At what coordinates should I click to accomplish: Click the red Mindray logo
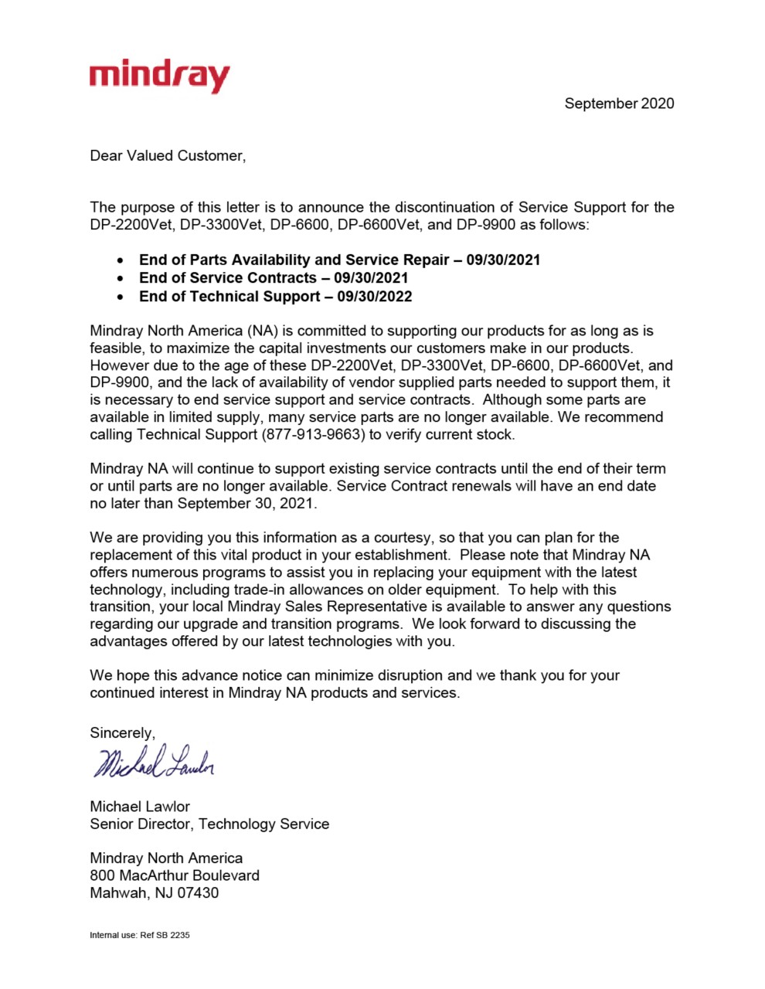coord(159,76)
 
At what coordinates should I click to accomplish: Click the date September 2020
coord(618,104)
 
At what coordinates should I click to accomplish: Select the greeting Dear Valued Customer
coord(167,156)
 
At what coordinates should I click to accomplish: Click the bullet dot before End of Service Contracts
coord(121,278)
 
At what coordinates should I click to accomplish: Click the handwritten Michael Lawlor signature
coord(153,763)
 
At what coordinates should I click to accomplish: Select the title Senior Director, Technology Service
coord(209,824)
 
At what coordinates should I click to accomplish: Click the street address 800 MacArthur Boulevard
coord(175,875)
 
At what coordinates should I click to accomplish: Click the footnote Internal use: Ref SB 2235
coord(140,935)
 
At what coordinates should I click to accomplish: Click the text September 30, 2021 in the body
coord(246,503)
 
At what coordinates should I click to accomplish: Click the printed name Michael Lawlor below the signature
coord(140,806)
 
